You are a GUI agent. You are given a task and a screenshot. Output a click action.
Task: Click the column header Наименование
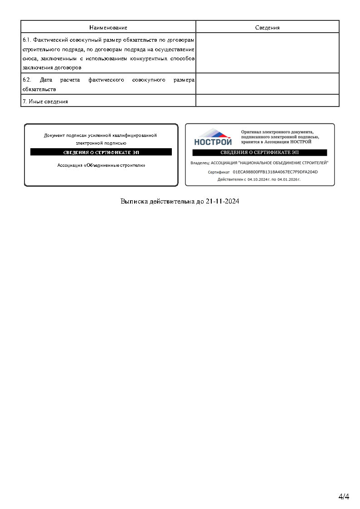(x=108, y=28)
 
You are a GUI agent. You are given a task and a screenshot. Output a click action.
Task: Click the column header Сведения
(x=267, y=28)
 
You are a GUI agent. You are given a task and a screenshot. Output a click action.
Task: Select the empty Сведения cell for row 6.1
(x=267, y=53)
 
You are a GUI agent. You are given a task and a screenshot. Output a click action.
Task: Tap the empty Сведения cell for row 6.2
(x=267, y=84)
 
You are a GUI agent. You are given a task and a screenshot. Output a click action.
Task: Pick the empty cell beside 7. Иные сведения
(x=267, y=101)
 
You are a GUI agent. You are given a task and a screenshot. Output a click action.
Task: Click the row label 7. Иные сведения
(x=45, y=102)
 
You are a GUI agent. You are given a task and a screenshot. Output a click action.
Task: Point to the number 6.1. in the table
(x=27, y=40)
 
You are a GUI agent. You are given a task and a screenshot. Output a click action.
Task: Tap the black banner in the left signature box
(x=101, y=152)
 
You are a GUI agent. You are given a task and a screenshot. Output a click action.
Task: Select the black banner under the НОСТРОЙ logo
(x=259, y=153)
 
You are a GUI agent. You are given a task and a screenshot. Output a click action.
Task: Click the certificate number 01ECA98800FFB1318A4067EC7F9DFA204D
(x=275, y=172)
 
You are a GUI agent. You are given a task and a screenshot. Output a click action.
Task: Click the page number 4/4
(x=344, y=496)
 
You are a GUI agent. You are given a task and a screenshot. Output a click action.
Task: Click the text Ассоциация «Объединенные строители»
(x=101, y=165)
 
